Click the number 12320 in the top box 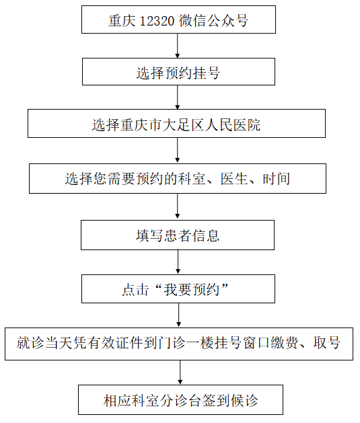pos(157,21)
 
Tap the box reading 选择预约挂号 pos(178,71)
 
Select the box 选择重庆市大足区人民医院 pos(176,124)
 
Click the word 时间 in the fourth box pos(277,179)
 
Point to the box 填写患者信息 pos(178,235)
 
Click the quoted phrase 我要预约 pos(191,290)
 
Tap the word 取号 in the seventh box pos(326,343)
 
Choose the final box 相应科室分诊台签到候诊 pos(180,400)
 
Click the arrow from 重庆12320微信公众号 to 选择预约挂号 pos(177,46)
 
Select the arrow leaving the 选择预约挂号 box pos(177,97)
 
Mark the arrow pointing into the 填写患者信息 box pos(177,206)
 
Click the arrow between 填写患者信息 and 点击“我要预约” pos(178,262)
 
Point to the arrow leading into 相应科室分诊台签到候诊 pos(180,373)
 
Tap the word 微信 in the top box pos(192,21)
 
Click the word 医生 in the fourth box pos(234,179)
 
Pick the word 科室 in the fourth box pos(192,179)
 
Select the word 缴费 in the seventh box pos(285,343)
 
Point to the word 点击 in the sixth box pos(136,290)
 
